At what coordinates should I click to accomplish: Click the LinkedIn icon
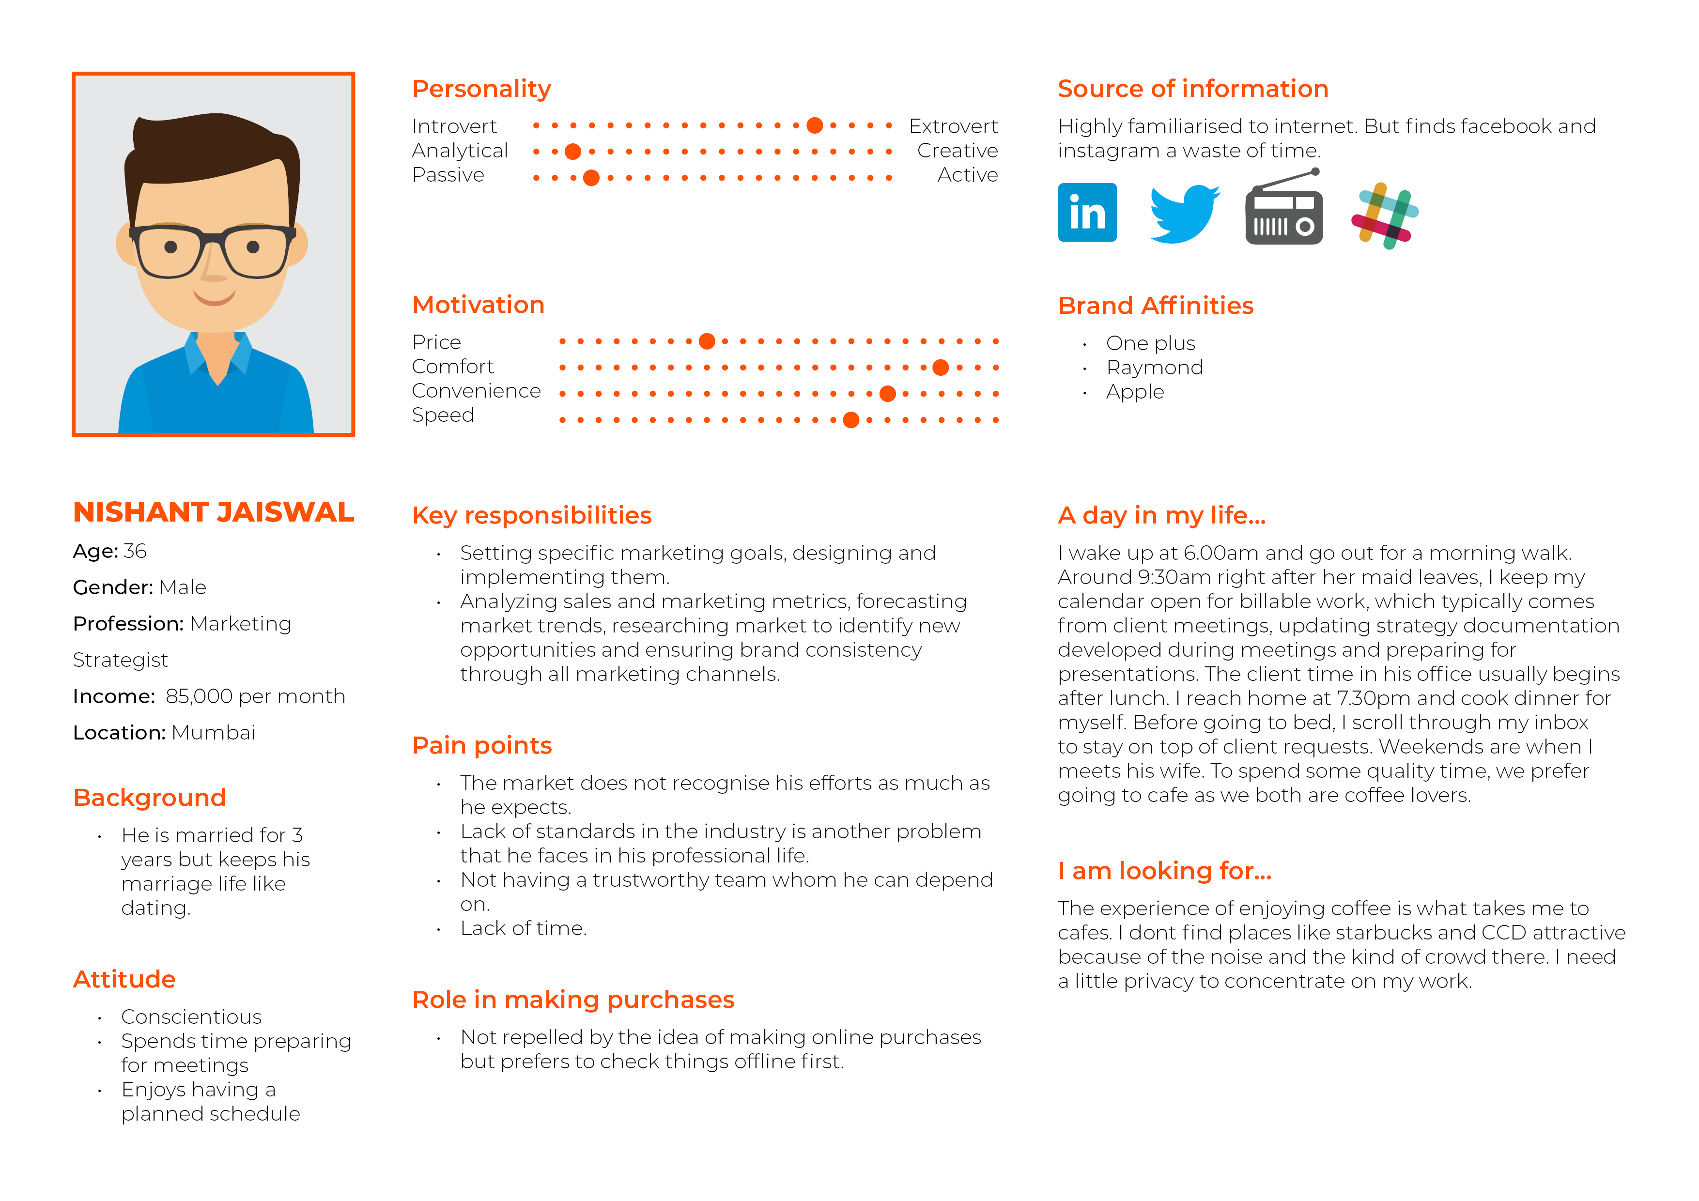1087,213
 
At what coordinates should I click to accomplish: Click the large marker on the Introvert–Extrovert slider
815,126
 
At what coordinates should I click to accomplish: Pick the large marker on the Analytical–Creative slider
573,152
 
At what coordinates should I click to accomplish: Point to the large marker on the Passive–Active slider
591,178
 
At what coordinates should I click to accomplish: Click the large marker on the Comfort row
941,368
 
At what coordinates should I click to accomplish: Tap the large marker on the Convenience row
888,394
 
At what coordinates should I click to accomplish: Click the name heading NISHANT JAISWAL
213,512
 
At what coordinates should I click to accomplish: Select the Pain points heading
482,745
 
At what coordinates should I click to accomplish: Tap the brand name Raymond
1154,368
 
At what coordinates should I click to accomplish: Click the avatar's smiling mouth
215,298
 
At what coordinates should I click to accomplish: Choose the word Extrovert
953,126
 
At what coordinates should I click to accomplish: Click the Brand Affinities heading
1155,306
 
